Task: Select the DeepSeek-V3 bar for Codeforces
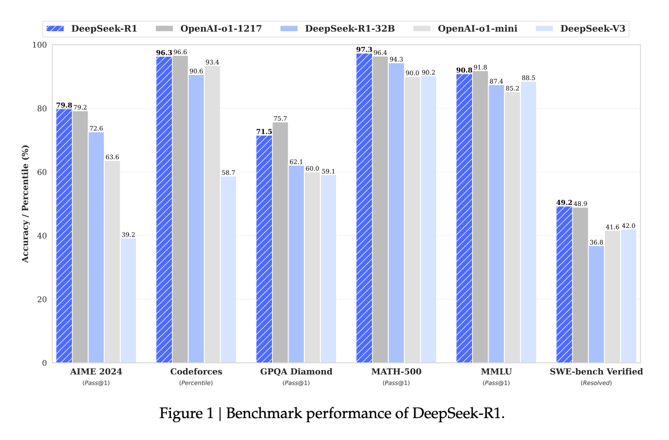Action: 228,269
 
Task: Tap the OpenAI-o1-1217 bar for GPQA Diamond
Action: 280,242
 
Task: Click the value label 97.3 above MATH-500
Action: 364,50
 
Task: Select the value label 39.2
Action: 128,235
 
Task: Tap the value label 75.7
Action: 280,118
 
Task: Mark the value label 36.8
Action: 596,242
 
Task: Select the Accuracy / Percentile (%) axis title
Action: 25,203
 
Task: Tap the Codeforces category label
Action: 196,372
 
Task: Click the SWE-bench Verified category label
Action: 596,372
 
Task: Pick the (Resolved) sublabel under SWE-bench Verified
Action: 596,383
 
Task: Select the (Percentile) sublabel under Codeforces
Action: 196,383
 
